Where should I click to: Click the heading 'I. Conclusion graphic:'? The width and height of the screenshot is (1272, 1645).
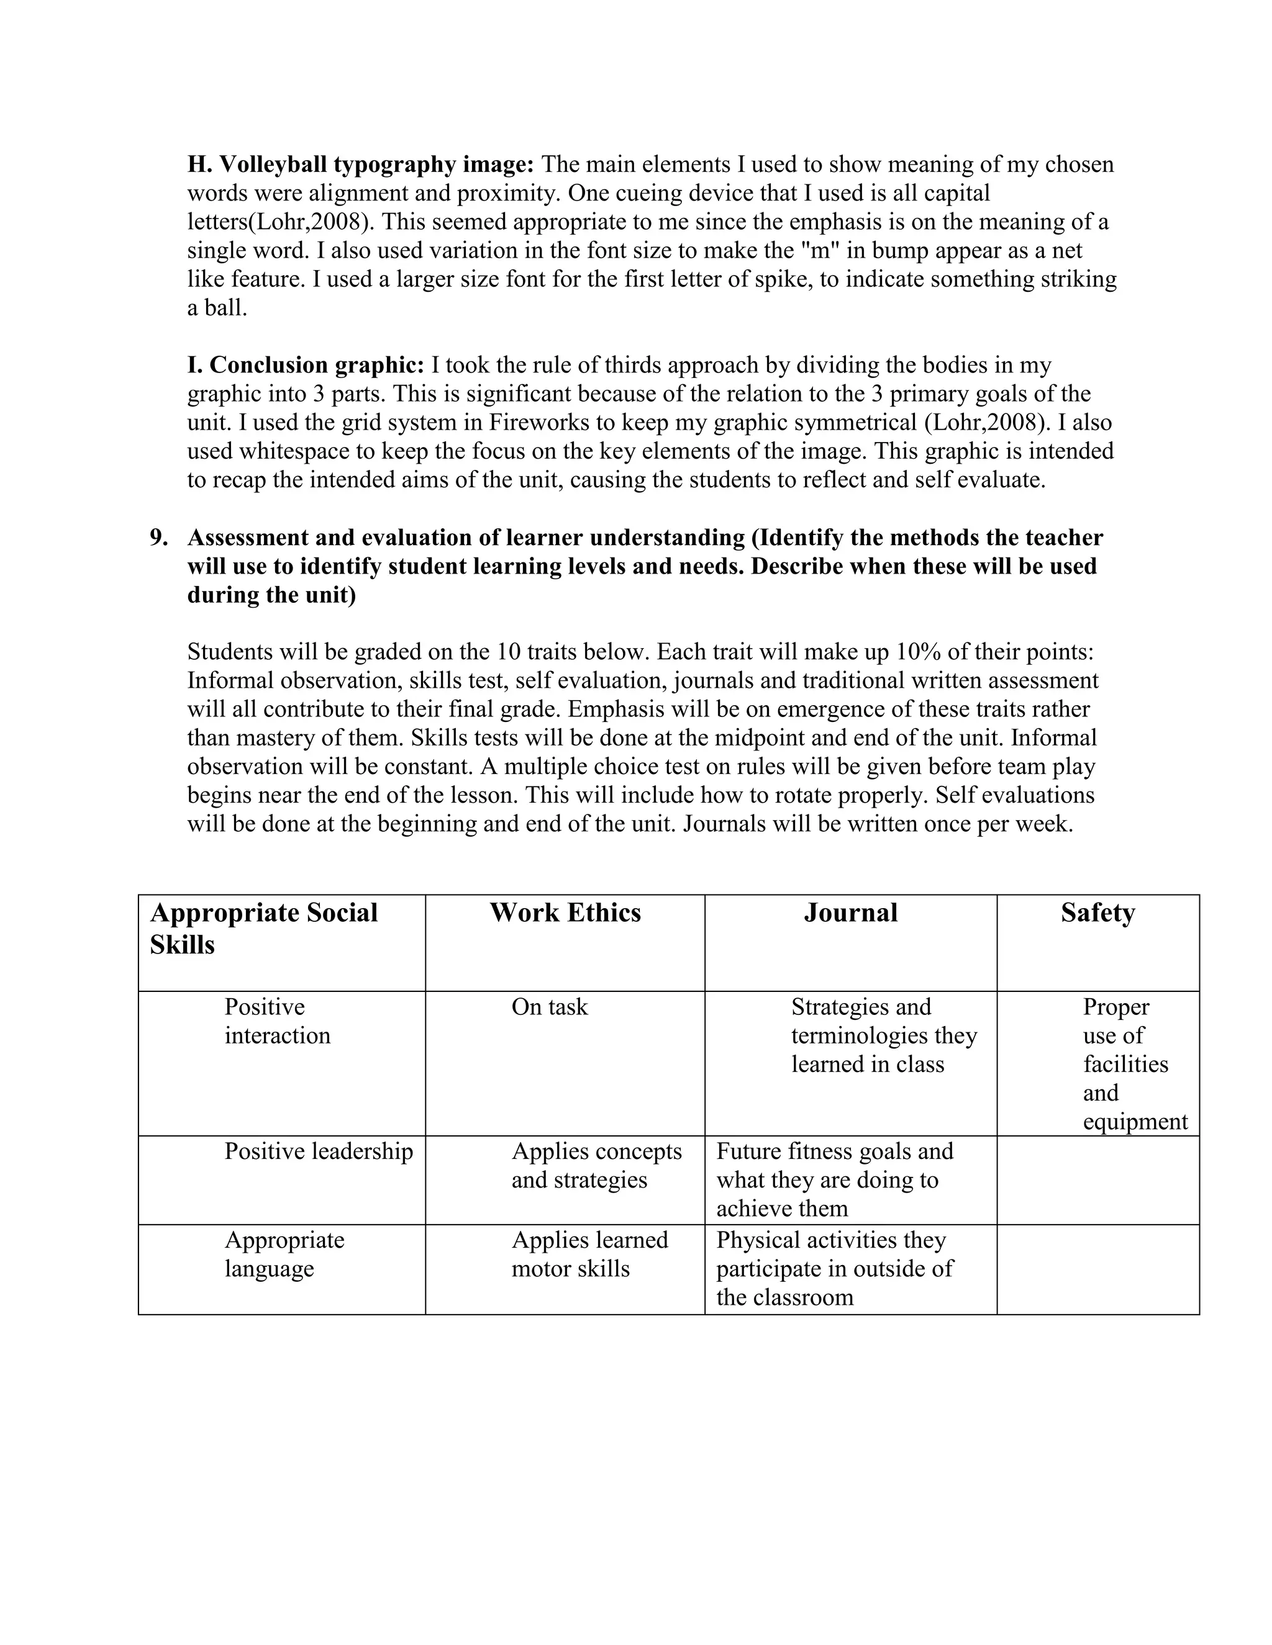(305, 365)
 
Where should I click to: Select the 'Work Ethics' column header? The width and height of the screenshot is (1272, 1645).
(565, 913)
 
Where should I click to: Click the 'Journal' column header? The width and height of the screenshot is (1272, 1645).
(850, 913)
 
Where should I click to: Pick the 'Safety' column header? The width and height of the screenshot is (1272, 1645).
(1097, 913)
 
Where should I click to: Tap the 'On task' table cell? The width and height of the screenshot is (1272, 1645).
(549, 1007)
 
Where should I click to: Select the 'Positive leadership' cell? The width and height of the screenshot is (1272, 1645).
(318, 1151)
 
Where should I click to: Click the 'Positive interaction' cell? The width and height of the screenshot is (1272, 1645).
(277, 1021)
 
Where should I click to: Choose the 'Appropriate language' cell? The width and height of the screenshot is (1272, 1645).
(283, 1254)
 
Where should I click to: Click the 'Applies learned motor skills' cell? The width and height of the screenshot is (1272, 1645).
(589, 1254)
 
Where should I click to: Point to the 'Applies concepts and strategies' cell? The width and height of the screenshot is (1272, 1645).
(596, 1165)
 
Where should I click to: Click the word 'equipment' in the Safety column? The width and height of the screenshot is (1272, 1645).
(1135, 1122)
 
